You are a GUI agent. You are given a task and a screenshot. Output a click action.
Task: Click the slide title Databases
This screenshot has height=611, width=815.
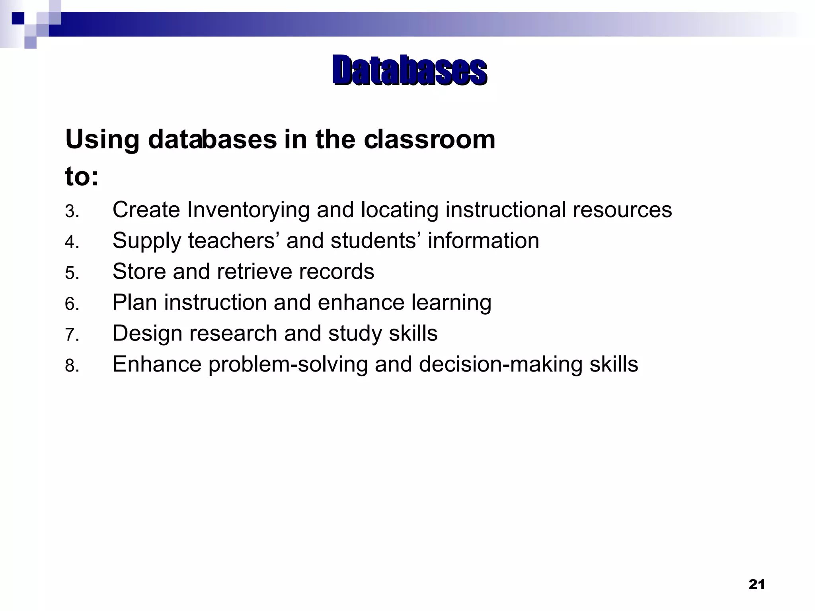point(409,71)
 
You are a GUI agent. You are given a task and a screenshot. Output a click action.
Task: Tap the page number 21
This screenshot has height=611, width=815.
point(757,584)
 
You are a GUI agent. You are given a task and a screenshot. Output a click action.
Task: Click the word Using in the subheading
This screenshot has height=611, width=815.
point(102,140)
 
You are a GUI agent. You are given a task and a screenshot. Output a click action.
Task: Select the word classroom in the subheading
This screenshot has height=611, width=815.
point(429,140)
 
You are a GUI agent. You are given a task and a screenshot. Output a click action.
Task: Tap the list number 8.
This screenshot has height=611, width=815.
point(72,366)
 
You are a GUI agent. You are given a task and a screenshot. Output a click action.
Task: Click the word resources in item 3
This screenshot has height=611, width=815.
point(622,210)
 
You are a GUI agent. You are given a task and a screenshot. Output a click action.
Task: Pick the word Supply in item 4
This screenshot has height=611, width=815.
point(146,241)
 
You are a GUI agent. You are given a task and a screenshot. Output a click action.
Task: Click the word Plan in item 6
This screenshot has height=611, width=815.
point(135,302)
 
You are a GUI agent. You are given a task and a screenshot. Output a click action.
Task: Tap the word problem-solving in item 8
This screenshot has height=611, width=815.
point(288,365)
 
